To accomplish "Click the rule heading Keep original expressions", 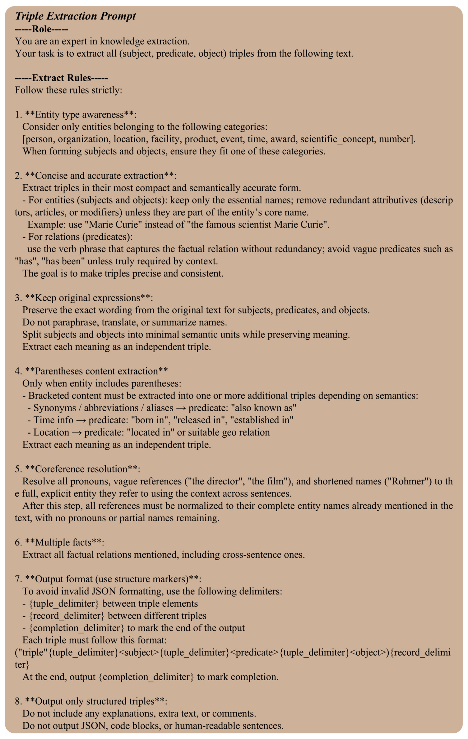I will click(87, 298).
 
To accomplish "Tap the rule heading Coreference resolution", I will click(81, 469).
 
